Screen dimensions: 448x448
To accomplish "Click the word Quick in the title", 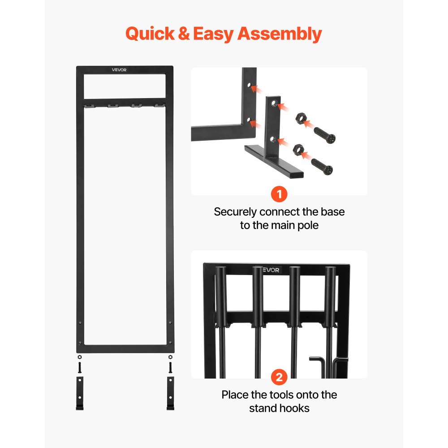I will click(150, 34).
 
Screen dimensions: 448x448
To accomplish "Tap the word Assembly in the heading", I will click(279, 34).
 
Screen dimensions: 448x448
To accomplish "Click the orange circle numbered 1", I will click(279, 195).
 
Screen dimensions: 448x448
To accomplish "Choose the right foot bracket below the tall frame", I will click(170, 393).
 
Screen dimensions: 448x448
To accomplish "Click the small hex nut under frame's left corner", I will click(80, 357).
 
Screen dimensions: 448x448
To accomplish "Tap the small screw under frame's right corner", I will click(170, 367).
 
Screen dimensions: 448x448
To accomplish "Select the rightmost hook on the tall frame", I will click(158, 106).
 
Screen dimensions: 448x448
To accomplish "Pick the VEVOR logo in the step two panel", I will click(271, 270).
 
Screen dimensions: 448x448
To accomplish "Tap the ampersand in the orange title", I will click(184, 34).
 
